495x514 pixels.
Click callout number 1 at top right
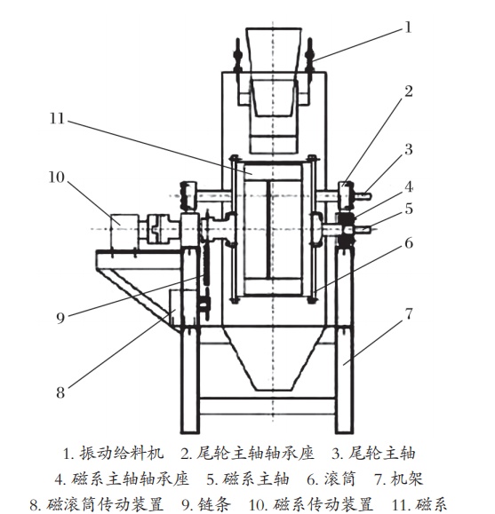pyautogui.click(x=408, y=28)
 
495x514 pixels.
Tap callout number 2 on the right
pyautogui.click(x=408, y=91)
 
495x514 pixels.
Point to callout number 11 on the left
pyautogui.click(x=57, y=118)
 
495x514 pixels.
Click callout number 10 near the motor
pyautogui.click(x=57, y=178)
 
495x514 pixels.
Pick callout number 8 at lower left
pyautogui.click(x=60, y=392)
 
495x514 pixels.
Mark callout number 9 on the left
pyautogui.click(x=60, y=318)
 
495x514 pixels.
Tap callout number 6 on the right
pyautogui.click(x=409, y=243)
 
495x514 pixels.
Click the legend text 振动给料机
pyautogui.click(x=122, y=454)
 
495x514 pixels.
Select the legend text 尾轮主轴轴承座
pyautogui.click(x=255, y=454)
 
